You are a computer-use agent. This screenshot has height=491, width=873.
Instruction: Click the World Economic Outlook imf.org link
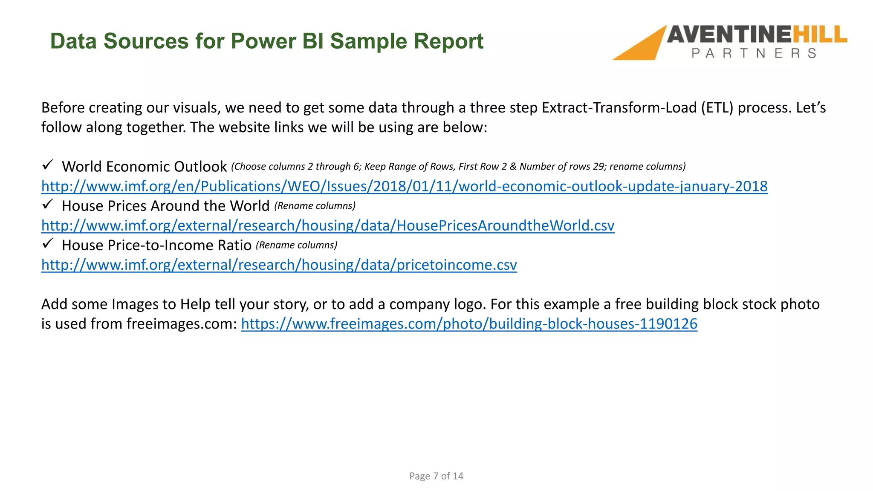(404, 186)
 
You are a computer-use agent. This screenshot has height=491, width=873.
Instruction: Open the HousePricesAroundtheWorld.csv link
(327, 225)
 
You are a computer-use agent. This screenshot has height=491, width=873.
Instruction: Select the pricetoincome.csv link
(279, 265)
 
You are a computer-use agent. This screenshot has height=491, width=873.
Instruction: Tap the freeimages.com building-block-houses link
(469, 324)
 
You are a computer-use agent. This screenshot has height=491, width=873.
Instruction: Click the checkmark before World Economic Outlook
(47, 165)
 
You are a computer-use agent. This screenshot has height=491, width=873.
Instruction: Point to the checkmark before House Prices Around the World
(47, 204)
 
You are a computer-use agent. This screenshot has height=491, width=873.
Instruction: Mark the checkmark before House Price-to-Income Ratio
(47, 243)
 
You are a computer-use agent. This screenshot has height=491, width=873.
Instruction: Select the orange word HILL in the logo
(819, 35)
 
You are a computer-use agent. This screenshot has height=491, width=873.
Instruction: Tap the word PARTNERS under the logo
(754, 53)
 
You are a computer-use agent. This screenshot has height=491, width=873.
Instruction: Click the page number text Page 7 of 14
(436, 476)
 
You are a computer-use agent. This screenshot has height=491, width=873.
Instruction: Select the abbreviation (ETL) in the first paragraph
(717, 108)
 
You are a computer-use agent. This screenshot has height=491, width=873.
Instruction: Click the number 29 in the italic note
(598, 167)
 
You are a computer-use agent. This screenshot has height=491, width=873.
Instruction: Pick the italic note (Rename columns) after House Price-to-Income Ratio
(296, 245)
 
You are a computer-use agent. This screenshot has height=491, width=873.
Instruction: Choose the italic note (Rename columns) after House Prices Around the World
(315, 206)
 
